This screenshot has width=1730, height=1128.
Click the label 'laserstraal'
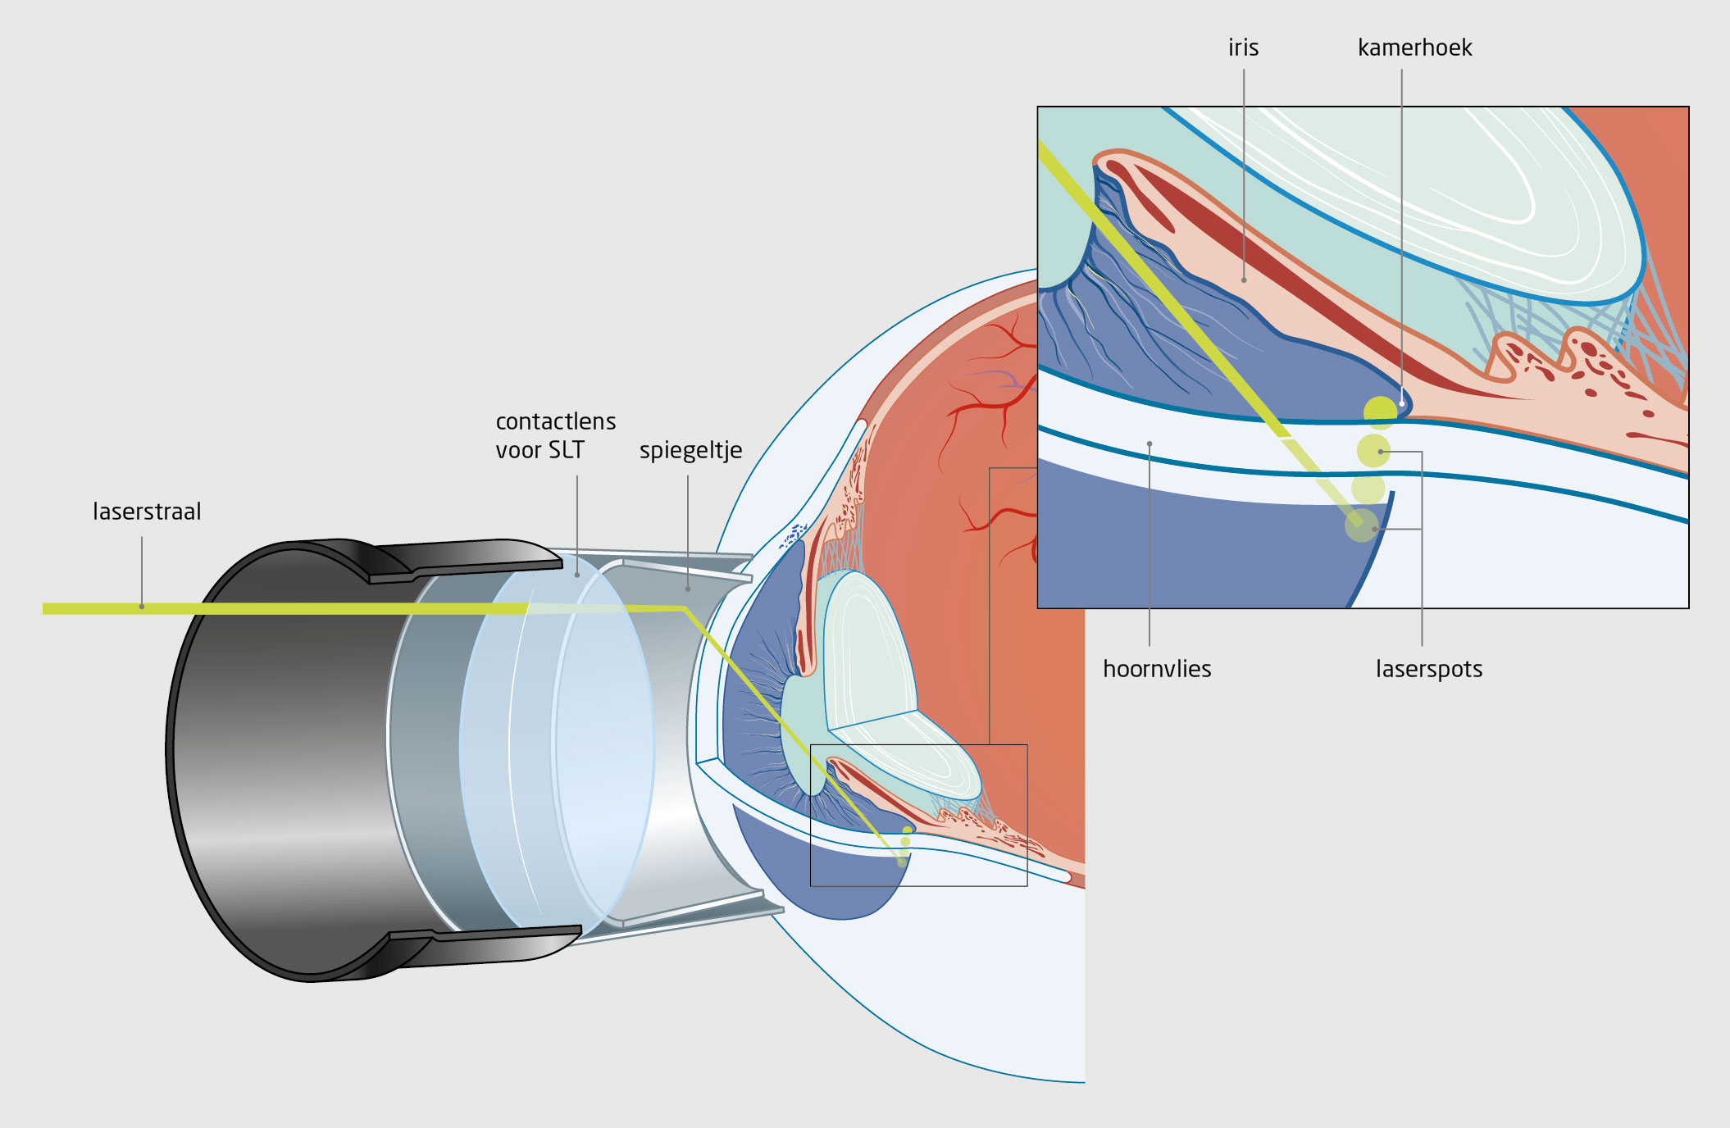click(147, 512)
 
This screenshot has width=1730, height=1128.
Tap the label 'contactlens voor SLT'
click(555, 435)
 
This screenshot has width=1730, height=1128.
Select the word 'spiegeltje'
click(690, 450)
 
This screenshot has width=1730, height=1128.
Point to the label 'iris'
click(1243, 48)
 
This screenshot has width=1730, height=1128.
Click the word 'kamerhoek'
click(1414, 48)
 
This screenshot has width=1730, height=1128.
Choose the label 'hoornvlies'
click(1156, 669)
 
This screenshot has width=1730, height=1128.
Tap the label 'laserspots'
click(1428, 669)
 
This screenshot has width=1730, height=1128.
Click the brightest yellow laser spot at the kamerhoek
click(1380, 412)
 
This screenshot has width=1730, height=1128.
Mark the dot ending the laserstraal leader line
click(142, 607)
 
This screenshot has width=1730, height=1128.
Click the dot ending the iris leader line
click(1244, 280)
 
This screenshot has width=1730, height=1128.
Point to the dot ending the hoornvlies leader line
click(1150, 444)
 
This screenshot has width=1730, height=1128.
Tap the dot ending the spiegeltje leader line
click(688, 589)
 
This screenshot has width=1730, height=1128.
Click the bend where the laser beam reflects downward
click(684, 609)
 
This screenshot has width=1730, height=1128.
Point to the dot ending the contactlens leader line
click(577, 575)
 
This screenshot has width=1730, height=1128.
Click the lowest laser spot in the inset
click(1362, 525)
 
